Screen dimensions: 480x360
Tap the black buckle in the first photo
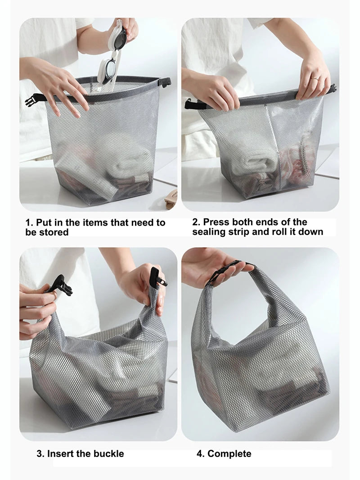coord(34,99)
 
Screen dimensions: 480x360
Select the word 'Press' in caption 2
coord(216,222)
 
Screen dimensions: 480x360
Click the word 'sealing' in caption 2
coord(209,232)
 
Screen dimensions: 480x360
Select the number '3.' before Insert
coord(40,453)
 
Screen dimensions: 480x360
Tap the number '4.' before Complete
coord(201,453)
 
